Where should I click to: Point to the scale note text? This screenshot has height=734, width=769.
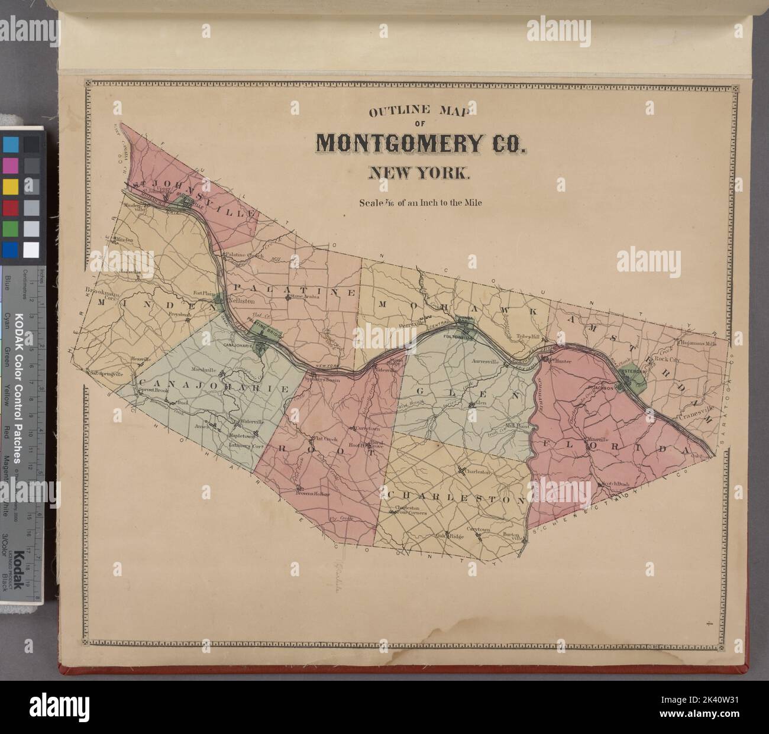tap(419, 202)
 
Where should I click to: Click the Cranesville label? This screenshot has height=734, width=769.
tap(697, 408)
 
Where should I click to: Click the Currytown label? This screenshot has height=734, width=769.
tap(369, 427)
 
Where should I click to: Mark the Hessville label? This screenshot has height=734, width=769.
tap(141, 359)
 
